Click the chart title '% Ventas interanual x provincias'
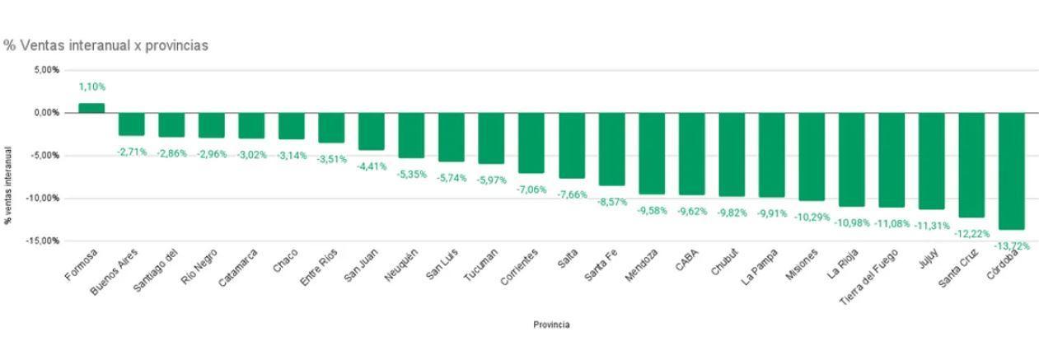[105, 45]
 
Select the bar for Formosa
[91, 108]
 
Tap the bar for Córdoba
[1012, 171]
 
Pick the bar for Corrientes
[531, 143]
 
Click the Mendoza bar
[651, 153]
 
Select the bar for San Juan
[371, 131]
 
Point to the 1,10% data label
[92, 86]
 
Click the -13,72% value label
[1012, 245]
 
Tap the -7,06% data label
[531, 189]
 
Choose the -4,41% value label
[372, 166]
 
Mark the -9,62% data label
[692, 212]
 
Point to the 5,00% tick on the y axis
[46, 70]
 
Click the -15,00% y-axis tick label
[43, 241]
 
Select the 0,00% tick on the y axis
[46, 113]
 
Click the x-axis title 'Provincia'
[550, 325]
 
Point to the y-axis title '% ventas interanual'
[8, 185]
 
